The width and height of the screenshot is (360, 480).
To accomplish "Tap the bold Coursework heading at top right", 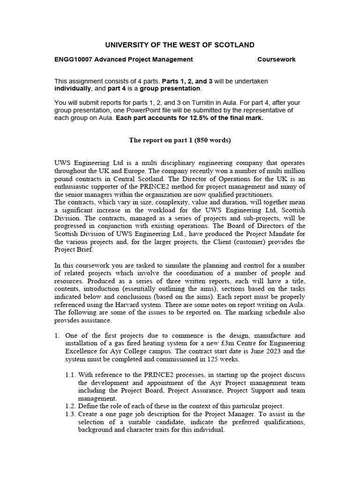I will point(277,60).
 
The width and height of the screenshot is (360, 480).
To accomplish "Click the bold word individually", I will point(74,89).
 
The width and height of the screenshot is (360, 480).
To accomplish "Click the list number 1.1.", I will point(71,375).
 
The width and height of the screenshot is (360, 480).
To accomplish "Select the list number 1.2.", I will point(71,406).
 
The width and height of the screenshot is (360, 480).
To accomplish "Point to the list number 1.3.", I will point(71,414).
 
